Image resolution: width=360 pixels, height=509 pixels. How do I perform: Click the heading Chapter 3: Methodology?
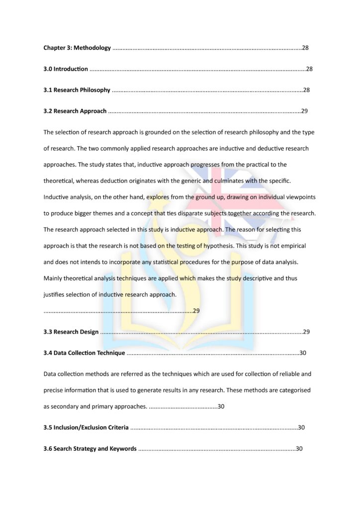(x=77, y=48)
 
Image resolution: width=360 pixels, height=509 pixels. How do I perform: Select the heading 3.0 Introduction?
(x=66, y=69)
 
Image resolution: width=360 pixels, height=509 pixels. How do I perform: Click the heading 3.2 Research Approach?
(x=75, y=111)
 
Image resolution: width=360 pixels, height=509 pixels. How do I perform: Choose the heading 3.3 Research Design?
(x=71, y=332)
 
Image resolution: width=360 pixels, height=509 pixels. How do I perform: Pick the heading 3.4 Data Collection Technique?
(x=84, y=353)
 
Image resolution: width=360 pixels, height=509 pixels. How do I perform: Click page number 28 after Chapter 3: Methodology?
(x=306, y=48)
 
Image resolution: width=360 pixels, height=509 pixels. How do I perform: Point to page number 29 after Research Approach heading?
(x=304, y=111)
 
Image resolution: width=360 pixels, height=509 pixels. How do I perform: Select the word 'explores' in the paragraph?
(x=158, y=197)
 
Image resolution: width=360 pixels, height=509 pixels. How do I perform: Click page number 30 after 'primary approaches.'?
(x=221, y=406)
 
